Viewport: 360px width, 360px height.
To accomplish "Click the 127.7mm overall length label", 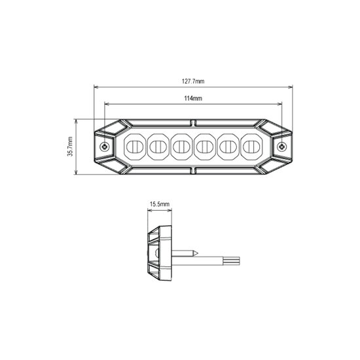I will tap(192, 81).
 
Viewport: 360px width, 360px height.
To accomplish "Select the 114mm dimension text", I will tap(192, 98).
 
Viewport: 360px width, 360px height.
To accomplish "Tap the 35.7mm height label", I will tap(70, 147).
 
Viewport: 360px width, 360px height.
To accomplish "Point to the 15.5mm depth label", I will tap(159, 204).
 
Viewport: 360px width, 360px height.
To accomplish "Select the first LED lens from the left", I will tap(134, 147).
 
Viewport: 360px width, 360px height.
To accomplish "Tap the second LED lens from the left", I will tap(158, 147).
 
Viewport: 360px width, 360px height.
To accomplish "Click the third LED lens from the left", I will tap(181, 147).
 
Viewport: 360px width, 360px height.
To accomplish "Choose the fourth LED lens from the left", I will tap(205, 147).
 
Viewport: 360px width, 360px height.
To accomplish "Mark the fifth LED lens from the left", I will tap(228, 147).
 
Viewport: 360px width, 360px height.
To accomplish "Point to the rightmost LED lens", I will tap(251, 147).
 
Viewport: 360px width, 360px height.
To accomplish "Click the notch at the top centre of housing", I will tap(193, 122).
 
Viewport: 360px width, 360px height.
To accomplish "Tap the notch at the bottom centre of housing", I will tap(193, 171).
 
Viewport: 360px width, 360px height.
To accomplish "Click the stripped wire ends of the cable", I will tap(236, 261).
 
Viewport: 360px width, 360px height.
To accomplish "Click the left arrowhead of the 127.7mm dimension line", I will tap(96, 86).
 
